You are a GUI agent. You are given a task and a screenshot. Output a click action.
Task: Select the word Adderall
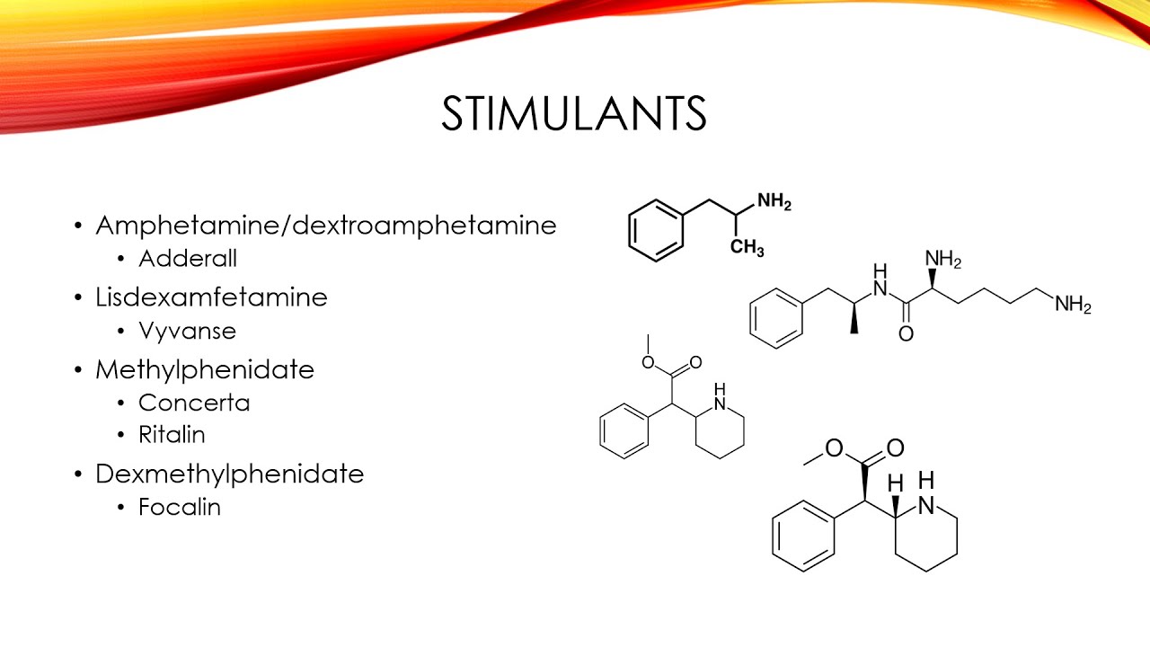[x=188, y=259]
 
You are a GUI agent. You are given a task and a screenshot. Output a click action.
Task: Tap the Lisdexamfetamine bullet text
[x=211, y=297]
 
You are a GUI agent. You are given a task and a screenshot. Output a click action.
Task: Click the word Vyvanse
[x=188, y=331]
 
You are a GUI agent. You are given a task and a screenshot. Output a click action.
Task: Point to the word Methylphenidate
[x=205, y=368]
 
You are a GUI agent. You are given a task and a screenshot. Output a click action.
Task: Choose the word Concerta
[x=194, y=403]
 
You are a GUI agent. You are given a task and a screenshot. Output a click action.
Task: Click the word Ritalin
[x=172, y=435]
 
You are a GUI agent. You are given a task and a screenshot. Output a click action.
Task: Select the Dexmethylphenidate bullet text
[x=229, y=473]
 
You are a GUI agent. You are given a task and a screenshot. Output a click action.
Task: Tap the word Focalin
[x=180, y=507]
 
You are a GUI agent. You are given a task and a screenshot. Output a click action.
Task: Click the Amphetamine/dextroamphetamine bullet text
[x=326, y=225]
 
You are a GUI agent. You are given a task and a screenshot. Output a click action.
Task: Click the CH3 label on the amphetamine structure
[x=747, y=248]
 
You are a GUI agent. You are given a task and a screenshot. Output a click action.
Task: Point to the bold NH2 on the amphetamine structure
[x=774, y=203]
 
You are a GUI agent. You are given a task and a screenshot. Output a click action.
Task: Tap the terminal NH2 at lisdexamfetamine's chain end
[x=1073, y=306]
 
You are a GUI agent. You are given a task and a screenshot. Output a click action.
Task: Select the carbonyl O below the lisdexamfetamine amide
[x=906, y=334]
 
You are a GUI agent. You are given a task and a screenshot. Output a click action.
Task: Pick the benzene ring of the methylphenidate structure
[x=624, y=432]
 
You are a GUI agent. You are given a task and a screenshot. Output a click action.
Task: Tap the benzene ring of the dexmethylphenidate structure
[x=802, y=536]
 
